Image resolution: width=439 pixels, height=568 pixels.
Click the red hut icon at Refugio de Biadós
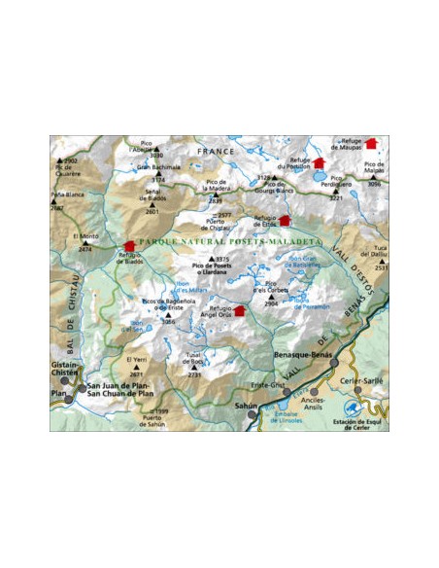click(129, 246)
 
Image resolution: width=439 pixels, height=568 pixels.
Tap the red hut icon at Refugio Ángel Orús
click(240, 311)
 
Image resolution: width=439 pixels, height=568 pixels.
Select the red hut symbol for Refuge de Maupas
click(369, 143)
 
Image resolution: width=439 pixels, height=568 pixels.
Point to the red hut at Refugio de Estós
click(285, 222)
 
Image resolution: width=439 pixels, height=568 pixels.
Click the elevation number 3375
click(222, 258)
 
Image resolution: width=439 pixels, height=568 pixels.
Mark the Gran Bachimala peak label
click(159, 167)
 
